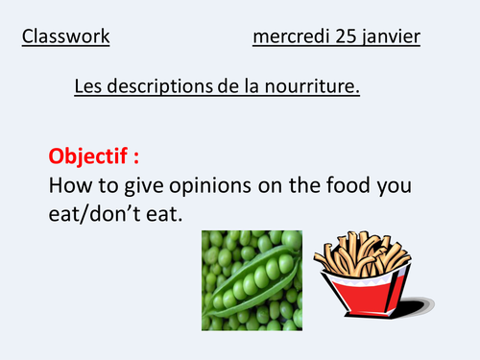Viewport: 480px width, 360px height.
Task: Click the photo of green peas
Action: click(x=252, y=283)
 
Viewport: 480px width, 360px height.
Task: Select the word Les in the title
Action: click(x=89, y=87)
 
